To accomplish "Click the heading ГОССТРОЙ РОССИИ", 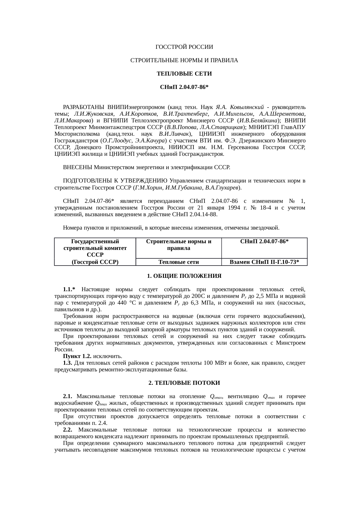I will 184,47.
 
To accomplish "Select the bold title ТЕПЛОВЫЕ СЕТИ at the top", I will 184,74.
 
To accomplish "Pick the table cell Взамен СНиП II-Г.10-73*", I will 264,262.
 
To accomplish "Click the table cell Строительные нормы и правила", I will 178,245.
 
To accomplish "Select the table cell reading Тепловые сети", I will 178,262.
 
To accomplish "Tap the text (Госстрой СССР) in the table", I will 95,262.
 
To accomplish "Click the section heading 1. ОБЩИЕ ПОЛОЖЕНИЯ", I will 184,276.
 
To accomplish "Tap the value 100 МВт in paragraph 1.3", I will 213,363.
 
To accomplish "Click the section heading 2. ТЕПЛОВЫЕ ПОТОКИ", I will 184,383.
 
